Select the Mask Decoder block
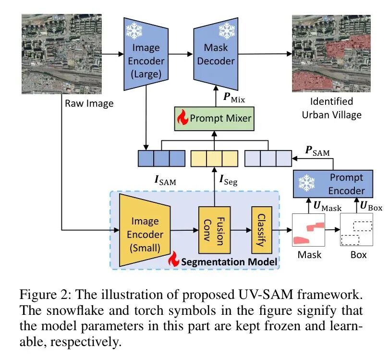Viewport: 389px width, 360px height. [x=216, y=54]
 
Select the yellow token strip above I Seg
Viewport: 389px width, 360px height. [x=214, y=159]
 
